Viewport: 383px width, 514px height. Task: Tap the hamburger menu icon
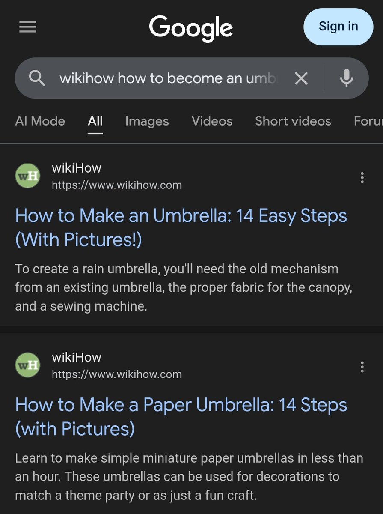coord(28,27)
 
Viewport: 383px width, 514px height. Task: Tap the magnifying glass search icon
coord(37,78)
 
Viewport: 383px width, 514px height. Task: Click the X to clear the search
coord(301,78)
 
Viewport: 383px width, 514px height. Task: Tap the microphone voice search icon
coord(347,78)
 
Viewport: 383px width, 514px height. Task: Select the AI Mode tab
coord(40,121)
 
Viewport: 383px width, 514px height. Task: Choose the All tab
coord(95,121)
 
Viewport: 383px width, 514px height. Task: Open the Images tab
coord(147,122)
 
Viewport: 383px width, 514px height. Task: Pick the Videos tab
coord(212,121)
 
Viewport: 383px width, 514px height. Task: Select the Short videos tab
coord(293,121)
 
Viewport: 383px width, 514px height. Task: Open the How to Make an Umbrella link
coord(181,227)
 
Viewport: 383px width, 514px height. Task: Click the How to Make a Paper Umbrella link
coord(181,417)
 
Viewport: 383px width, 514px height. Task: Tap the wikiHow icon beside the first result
coord(28,176)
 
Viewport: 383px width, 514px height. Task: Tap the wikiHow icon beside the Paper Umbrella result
coord(28,365)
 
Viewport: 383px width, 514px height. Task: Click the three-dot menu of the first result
coord(362,178)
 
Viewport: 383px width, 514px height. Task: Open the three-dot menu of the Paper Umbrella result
coord(362,367)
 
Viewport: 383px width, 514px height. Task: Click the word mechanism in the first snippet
coord(305,269)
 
